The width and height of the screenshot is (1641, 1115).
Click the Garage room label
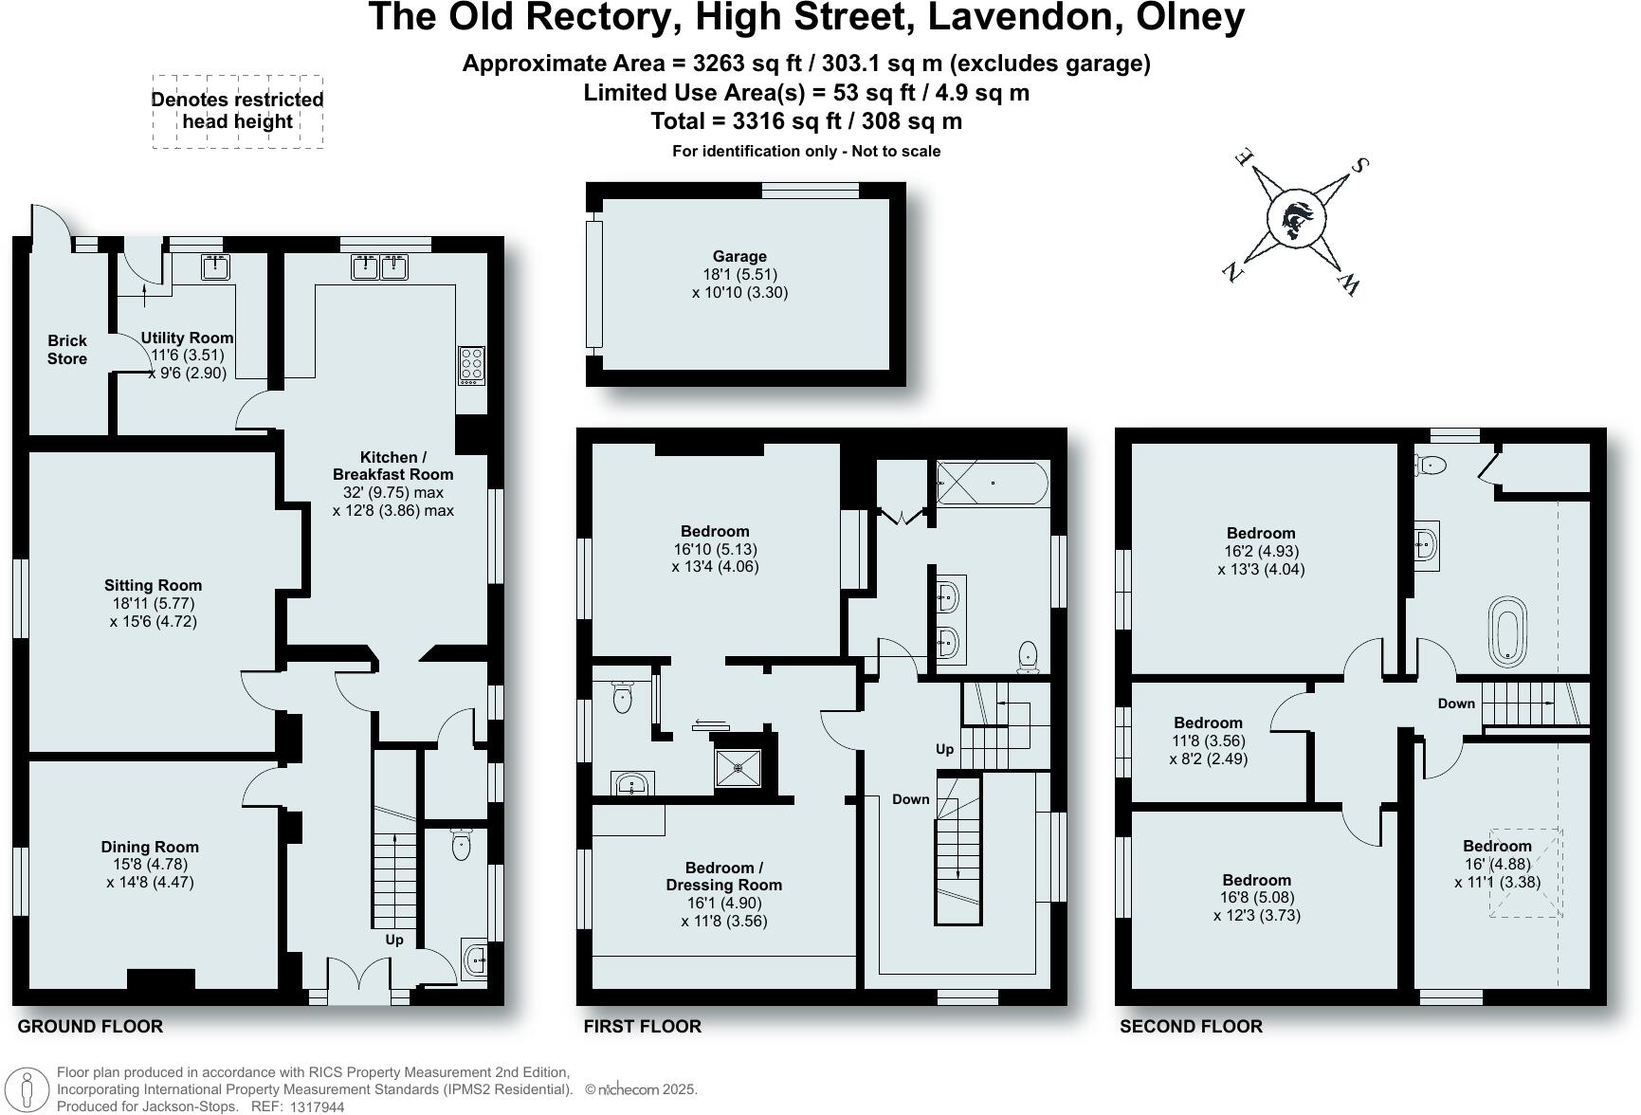739,256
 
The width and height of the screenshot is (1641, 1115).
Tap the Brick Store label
67,349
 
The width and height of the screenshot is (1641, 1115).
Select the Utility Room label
187,338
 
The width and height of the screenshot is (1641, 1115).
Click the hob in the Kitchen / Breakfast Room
471,365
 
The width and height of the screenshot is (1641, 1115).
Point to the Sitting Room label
153,586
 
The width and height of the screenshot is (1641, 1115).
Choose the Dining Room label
150,848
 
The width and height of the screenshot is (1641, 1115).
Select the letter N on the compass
1232,272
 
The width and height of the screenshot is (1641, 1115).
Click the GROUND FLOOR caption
90,1027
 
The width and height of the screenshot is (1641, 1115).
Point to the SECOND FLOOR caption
1191,1027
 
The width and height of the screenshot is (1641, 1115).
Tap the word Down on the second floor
1456,704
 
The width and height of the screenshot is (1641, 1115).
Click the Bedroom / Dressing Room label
724,876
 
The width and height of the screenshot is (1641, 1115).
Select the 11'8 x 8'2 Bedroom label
1208,723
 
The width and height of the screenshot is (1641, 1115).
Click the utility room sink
217,267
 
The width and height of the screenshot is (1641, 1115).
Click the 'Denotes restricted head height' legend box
238,112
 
